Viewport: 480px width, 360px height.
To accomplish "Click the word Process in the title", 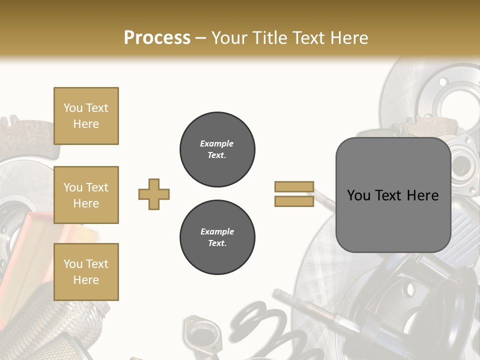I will click(157, 38).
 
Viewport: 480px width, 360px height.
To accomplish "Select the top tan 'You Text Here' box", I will click(86, 116).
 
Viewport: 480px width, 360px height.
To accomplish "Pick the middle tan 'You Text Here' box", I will click(86, 195).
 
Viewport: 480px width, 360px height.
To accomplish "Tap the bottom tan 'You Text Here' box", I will click(86, 272).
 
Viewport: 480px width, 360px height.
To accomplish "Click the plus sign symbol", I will click(154, 194).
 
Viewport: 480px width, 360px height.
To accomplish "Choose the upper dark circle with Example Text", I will click(217, 149).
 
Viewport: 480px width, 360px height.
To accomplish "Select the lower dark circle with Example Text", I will click(217, 237).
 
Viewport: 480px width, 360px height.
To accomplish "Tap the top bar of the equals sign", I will click(294, 186).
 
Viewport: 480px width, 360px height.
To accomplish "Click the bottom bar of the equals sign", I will click(294, 201).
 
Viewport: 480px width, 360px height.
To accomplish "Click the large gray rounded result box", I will click(393, 195).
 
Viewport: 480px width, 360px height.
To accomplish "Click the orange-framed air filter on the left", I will click(25, 250).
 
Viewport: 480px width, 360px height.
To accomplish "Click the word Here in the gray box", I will click(423, 195).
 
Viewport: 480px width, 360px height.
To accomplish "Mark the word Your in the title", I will click(229, 38).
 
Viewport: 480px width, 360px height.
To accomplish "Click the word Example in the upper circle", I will click(217, 143).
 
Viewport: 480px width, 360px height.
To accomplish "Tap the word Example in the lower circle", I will click(217, 231).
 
